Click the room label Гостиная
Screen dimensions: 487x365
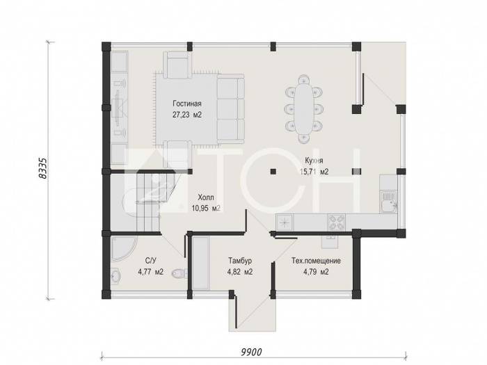187,104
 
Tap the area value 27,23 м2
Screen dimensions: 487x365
187,115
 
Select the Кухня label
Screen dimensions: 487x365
314,161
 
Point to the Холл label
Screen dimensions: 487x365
206,197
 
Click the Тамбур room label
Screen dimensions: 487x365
240,261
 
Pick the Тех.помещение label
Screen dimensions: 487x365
316,261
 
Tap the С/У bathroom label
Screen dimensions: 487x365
151,261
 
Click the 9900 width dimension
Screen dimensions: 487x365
251,352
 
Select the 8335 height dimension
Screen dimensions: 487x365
42,168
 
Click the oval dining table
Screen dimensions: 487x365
303,108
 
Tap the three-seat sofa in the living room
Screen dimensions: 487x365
230,109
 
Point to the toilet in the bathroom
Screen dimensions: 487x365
179,273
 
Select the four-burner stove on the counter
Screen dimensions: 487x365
336,222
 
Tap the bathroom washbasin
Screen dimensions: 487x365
116,275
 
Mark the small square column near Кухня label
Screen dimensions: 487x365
273,171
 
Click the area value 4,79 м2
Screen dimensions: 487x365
316,273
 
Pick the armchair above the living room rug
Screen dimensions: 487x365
177,65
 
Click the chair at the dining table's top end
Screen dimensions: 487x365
303,80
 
